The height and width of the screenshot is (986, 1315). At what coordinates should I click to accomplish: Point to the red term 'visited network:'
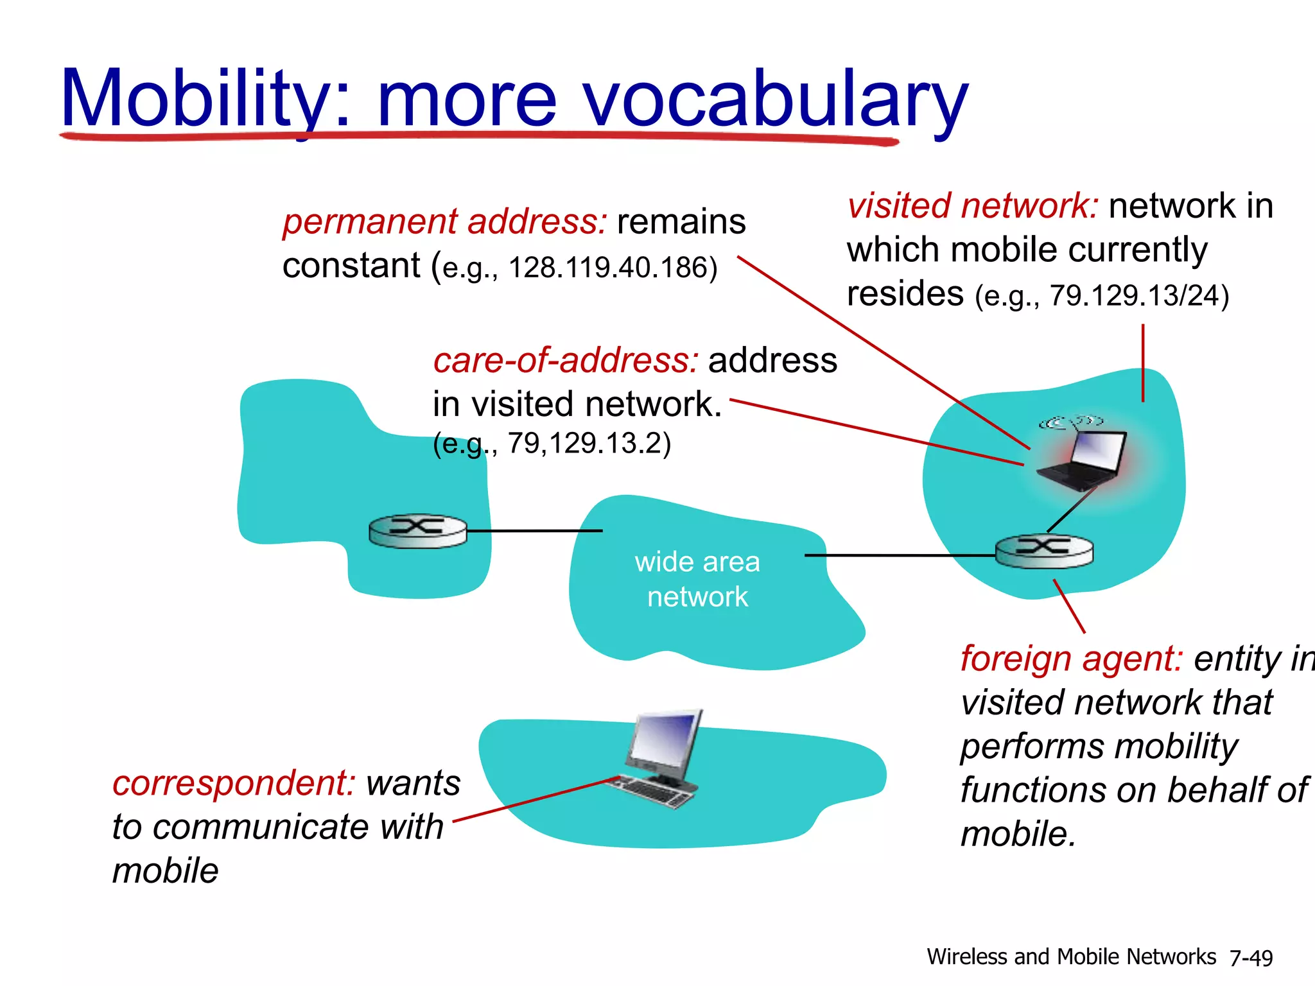[972, 206]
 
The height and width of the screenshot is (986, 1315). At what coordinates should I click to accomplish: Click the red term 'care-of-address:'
[565, 360]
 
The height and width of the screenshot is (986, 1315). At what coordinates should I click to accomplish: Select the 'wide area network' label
[697, 579]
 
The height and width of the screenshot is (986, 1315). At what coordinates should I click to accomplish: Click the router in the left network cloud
[418, 531]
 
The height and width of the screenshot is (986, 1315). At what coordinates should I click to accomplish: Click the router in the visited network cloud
[1044, 551]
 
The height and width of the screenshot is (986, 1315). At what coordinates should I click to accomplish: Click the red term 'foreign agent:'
[1071, 659]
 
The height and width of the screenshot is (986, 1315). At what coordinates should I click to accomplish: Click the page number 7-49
[1250, 958]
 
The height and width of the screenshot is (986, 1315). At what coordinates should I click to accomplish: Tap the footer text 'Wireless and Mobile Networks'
[1071, 956]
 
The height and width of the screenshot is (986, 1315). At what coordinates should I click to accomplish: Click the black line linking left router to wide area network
[534, 531]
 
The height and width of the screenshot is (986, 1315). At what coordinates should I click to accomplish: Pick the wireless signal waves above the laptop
[1071, 422]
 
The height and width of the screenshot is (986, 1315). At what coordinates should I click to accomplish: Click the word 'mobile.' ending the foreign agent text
[1018, 834]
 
